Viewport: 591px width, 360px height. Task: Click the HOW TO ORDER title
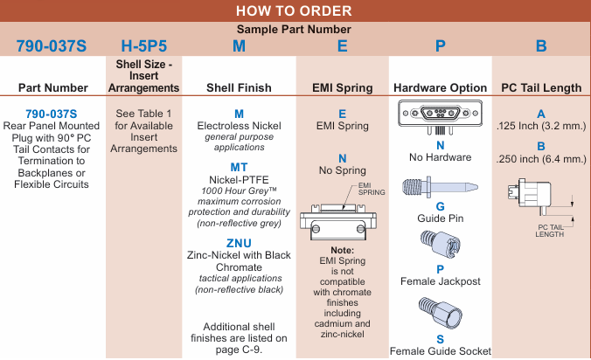(x=295, y=10)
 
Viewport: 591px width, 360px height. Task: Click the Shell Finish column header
(x=239, y=87)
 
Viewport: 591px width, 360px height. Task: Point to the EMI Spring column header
(x=342, y=87)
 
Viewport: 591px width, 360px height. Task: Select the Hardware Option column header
(x=440, y=87)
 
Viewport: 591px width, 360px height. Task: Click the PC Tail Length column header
(x=541, y=87)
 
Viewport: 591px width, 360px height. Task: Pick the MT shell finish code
(x=239, y=167)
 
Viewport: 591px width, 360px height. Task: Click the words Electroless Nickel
(x=239, y=126)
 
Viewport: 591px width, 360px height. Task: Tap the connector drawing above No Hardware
(x=440, y=115)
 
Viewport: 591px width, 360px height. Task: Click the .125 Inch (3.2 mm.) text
(x=541, y=126)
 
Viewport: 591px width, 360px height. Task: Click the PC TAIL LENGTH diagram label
(x=551, y=230)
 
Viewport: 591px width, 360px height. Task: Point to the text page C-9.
(x=247, y=350)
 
